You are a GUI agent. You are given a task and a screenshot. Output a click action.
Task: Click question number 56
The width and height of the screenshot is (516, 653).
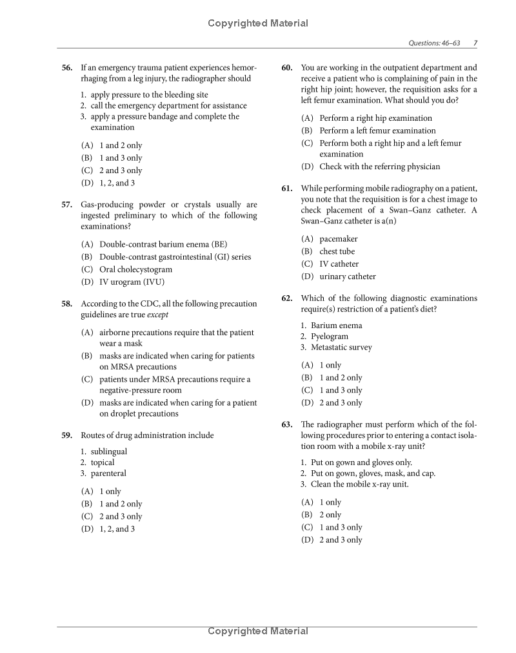67,68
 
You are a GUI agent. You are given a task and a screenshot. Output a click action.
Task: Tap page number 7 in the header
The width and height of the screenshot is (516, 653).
475,43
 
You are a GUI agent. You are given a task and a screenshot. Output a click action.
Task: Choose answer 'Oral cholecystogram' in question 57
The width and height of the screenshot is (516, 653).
135,269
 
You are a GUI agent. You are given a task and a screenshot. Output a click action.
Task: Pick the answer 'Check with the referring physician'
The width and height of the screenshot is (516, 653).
379,167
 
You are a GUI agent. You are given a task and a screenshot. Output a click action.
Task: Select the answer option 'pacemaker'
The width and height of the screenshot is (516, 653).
338,239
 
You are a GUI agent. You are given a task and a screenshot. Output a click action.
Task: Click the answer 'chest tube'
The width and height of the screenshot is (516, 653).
337,251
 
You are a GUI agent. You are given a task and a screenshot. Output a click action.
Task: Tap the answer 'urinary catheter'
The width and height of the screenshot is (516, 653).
347,276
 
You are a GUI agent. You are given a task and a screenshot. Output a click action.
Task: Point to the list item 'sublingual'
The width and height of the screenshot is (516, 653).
108,451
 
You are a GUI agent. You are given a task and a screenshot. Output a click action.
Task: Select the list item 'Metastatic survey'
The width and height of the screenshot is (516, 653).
341,347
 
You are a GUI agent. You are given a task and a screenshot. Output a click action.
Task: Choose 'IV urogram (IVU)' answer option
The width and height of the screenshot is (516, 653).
132,282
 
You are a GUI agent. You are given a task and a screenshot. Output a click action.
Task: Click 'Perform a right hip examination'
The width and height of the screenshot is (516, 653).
375,118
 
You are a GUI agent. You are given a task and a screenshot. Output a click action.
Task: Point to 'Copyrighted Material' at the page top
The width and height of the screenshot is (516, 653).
258,23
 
